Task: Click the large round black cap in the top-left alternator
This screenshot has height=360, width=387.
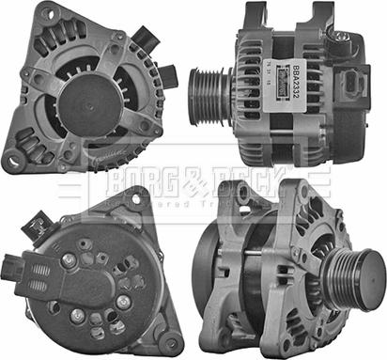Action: [92, 102]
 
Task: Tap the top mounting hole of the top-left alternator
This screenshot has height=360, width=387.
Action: [116, 38]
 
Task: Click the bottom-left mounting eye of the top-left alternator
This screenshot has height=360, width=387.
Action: [14, 162]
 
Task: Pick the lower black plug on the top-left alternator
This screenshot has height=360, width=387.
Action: [165, 75]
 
